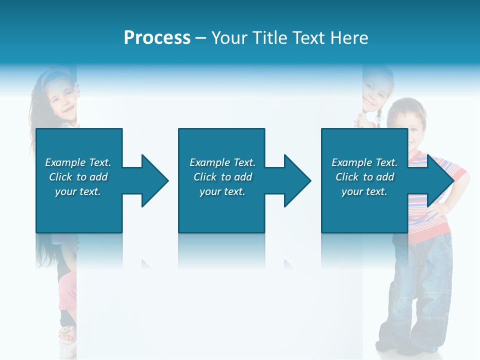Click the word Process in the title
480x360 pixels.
click(x=157, y=38)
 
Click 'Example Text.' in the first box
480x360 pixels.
click(x=78, y=162)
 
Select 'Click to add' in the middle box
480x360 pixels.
click(x=222, y=177)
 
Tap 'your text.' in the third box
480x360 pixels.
click(x=364, y=191)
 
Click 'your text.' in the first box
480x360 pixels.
click(x=78, y=191)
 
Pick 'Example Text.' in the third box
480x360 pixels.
click(x=364, y=162)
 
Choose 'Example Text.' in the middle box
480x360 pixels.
click(x=222, y=162)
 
